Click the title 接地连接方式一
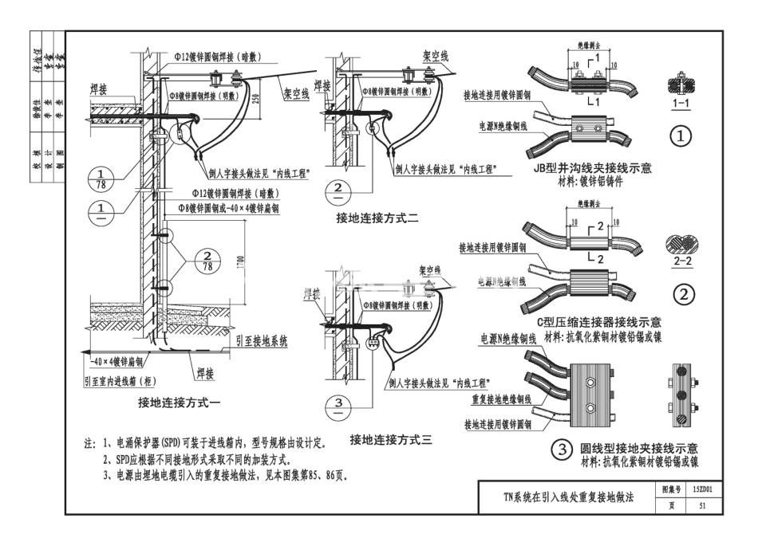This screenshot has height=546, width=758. pos(180,403)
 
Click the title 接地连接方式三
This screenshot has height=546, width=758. pos(390,439)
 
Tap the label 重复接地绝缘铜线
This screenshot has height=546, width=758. pos(502,398)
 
